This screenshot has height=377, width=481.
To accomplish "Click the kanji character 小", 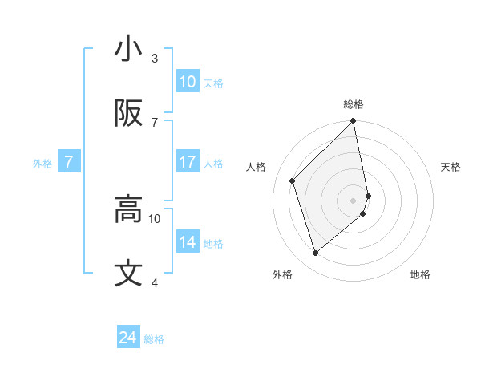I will [128, 50].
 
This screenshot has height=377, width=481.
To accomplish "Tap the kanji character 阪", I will [128, 114].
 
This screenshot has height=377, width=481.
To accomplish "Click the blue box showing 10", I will [188, 82].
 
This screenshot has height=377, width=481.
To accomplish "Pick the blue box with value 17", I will [188, 162].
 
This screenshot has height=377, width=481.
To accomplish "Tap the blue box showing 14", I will [188, 242].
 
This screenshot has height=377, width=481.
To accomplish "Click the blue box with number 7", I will [69, 162].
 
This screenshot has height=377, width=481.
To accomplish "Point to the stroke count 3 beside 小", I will [155, 59].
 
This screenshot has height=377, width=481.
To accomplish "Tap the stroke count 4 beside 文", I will [155, 282].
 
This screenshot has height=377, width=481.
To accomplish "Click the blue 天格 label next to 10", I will [213, 83].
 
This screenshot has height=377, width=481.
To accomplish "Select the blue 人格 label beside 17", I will [213, 164].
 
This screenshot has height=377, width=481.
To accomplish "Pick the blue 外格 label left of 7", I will [42, 164].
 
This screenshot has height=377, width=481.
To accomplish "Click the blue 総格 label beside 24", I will [154, 339].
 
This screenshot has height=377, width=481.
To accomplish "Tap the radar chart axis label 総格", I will [354, 104].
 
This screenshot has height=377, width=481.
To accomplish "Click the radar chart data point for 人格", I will [293, 180].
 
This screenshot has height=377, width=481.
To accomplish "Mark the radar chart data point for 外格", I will [316, 253].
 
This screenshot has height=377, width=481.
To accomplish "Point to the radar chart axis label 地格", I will [420, 274].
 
